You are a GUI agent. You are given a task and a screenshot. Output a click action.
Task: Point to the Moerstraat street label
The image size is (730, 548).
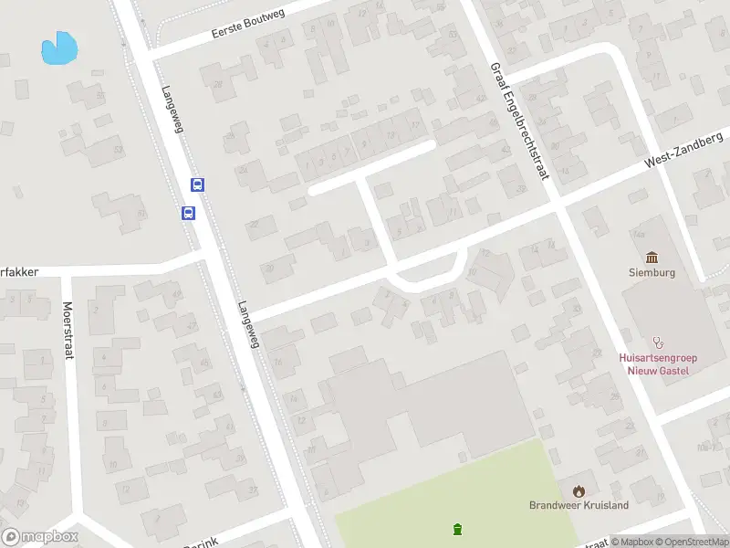68,331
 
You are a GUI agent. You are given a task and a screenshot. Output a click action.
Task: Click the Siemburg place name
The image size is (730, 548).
652,271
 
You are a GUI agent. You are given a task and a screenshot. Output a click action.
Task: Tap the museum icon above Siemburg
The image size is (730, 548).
652,257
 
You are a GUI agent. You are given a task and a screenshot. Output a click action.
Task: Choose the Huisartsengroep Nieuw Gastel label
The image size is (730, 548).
652,364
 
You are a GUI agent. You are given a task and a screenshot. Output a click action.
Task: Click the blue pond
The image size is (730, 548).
59,48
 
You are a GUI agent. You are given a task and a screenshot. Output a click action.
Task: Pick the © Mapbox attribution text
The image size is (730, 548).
632,543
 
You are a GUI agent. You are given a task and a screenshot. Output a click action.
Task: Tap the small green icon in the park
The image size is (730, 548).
457,528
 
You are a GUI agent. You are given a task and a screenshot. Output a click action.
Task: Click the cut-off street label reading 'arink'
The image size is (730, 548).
202,543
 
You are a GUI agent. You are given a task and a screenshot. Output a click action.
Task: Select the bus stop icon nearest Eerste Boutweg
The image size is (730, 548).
197,184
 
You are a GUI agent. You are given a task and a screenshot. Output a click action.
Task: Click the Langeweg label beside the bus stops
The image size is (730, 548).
172,110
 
